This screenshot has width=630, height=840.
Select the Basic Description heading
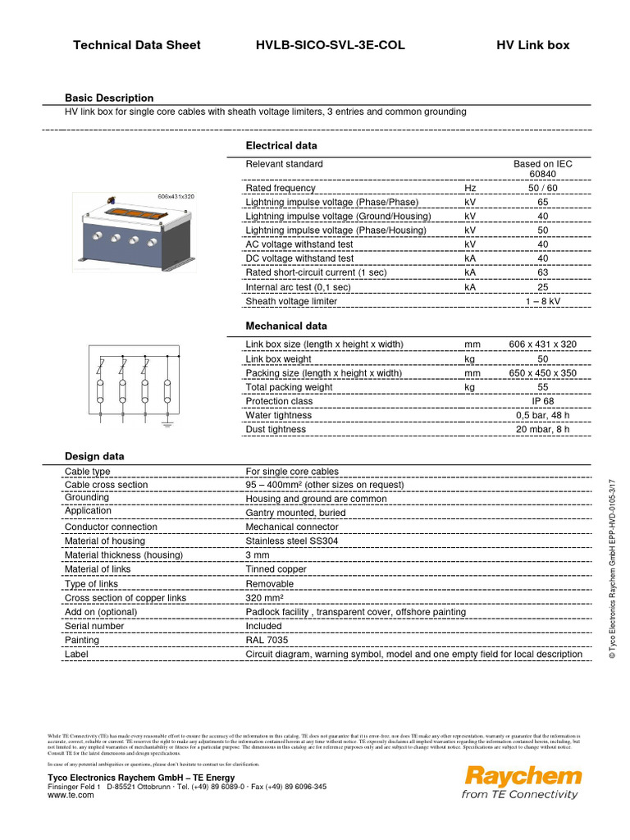tap(109, 98)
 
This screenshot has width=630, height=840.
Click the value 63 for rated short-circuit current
tap(542, 272)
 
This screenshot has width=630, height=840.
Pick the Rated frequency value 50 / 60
tap(542, 188)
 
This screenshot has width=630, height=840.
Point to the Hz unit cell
tap(470, 188)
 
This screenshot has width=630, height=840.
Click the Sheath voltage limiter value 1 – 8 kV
tap(542, 301)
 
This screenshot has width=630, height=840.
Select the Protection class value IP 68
tap(542, 401)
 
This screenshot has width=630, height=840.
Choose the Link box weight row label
tap(278, 358)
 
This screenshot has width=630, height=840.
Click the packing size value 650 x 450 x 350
tap(542, 372)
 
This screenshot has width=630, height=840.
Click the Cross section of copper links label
tap(125, 598)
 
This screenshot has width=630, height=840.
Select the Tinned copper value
tap(276, 569)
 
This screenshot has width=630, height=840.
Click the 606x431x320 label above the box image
tap(176, 197)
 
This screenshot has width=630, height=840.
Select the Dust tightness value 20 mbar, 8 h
tap(542, 429)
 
